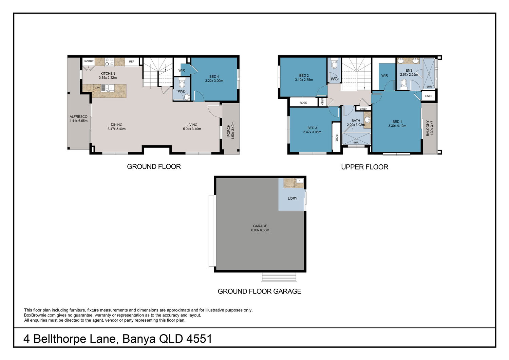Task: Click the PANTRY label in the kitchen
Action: (x=88, y=61)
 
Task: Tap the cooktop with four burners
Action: (x=109, y=62)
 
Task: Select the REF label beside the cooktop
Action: (x=132, y=61)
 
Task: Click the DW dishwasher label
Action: (x=97, y=88)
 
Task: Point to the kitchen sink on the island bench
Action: (x=108, y=88)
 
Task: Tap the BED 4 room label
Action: (x=214, y=77)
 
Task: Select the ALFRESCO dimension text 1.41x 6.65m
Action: (x=79, y=121)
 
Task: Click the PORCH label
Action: (x=229, y=130)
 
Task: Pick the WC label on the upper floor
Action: (x=334, y=79)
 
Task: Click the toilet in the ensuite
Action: (x=404, y=84)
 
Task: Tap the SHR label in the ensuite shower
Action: (x=429, y=87)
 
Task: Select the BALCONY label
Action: (x=428, y=128)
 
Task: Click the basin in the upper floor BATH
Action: (x=367, y=120)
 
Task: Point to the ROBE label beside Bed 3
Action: (x=337, y=138)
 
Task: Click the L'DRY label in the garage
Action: (x=293, y=198)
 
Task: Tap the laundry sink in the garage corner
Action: (x=300, y=181)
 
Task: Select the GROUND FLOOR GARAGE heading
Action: (x=260, y=291)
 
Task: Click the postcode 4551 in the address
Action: (x=199, y=339)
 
